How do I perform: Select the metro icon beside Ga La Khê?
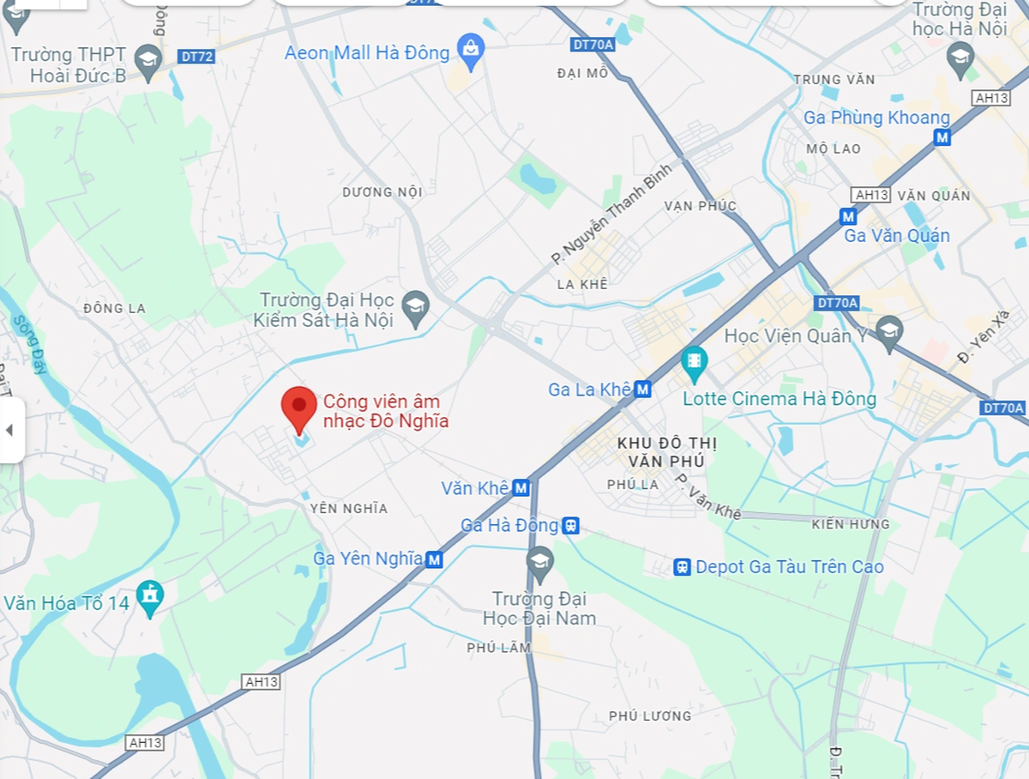(x=643, y=389)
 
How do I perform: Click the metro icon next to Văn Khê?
(x=521, y=488)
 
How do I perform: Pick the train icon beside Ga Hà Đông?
(x=570, y=525)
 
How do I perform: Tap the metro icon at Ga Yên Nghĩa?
(x=435, y=559)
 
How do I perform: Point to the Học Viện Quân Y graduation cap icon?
(x=889, y=333)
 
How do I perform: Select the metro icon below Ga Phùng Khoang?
(x=942, y=137)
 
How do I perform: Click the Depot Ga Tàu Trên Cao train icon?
(x=683, y=567)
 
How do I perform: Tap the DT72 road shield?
(x=197, y=57)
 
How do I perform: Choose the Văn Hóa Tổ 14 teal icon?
(x=150, y=598)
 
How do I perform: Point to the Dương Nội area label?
(x=382, y=192)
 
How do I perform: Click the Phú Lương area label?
(x=649, y=716)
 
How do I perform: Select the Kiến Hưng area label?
(x=850, y=523)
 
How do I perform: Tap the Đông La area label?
(x=115, y=308)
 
